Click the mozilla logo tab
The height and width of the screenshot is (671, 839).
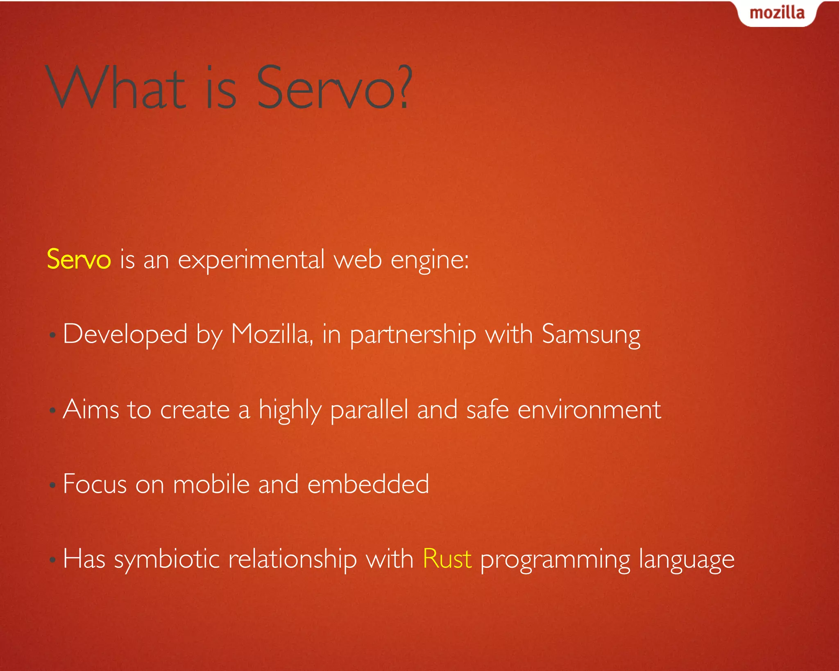(x=777, y=13)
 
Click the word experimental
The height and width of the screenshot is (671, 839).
(x=251, y=260)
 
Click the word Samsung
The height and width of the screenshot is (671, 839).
(x=591, y=335)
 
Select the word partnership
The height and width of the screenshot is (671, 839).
(x=413, y=335)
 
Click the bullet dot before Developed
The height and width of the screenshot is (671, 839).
(x=52, y=335)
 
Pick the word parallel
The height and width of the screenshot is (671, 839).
(x=369, y=410)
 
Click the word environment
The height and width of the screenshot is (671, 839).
(x=589, y=409)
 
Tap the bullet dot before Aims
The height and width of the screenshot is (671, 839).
(x=52, y=410)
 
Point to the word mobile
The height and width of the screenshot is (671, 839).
(x=211, y=484)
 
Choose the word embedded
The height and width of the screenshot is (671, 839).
(x=368, y=484)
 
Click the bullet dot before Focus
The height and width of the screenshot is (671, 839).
(x=52, y=485)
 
